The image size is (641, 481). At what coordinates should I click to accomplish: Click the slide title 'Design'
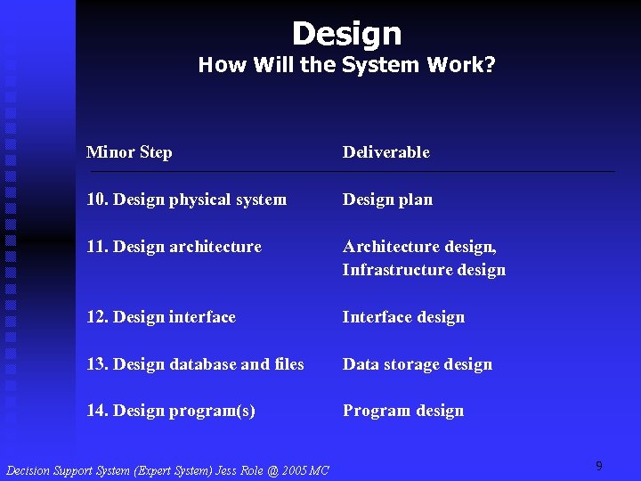pos(346,34)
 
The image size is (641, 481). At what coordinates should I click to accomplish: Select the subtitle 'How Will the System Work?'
pos(346,65)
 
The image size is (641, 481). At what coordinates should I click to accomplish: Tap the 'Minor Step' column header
pos(129,152)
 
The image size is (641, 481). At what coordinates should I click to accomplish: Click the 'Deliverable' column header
pos(386,152)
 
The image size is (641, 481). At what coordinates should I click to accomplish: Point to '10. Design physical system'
pos(186,200)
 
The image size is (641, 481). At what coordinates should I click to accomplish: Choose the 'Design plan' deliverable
pos(387,200)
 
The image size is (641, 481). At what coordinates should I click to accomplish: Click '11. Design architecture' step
pos(174,247)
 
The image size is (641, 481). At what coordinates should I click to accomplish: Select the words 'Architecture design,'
pos(419,247)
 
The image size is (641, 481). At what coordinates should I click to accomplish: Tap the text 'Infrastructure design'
pos(424,270)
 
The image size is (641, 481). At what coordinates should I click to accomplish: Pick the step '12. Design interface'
pos(161,317)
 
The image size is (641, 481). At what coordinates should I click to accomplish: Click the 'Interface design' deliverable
pos(403,317)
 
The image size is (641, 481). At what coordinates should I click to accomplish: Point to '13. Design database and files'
pos(195,364)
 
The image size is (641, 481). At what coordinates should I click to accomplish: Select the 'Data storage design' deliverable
pos(417,364)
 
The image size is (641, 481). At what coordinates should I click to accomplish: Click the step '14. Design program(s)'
pos(171,411)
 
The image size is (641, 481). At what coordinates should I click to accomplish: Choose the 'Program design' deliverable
pos(403,411)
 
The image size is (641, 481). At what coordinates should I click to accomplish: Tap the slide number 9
pos(599,466)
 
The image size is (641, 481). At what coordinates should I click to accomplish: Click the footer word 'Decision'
pos(29,470)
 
